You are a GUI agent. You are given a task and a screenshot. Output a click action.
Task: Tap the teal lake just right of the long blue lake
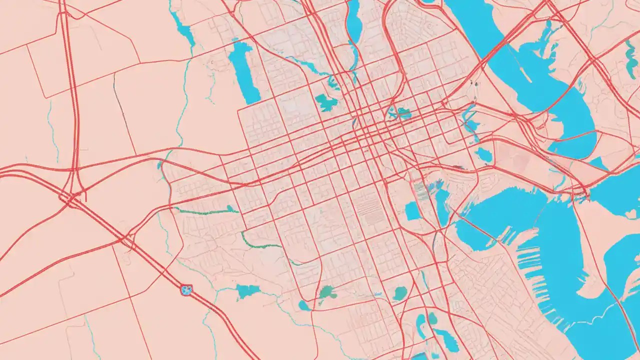click(326, 103)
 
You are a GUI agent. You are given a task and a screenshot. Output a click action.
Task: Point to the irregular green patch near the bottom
click(328, 292)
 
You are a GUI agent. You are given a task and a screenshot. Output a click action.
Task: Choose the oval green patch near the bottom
click(400, 293)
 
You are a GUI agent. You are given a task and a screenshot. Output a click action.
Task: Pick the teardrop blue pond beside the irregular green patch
click(304, 305)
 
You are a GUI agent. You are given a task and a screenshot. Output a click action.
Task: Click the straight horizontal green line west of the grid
click(205, 211)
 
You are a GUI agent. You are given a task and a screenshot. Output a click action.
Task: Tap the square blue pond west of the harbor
click(412, 211)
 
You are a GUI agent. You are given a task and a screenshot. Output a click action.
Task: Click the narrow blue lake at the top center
click(354, 22)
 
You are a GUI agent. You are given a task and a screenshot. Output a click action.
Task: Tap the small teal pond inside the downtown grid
click(400, 113)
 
